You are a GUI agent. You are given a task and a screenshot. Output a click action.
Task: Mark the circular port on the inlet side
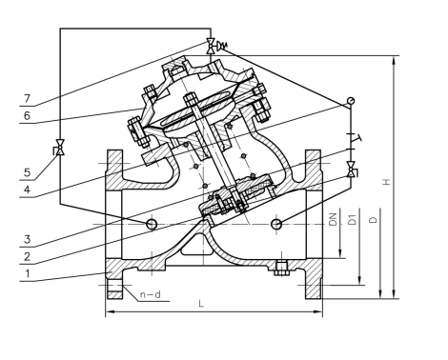(151, 223)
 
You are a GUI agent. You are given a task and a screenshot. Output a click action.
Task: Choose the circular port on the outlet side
(276, 223)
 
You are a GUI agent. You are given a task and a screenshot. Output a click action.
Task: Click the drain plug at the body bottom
(279, 267)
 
